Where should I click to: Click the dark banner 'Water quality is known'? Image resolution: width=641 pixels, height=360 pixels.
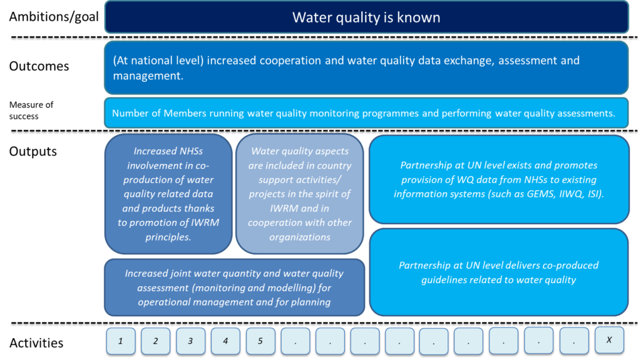(367, 17)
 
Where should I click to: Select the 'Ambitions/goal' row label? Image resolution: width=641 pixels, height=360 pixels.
(54, 17)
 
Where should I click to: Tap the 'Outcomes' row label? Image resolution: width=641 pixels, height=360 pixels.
(39, 66)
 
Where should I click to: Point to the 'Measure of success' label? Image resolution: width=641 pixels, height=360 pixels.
(31, 110)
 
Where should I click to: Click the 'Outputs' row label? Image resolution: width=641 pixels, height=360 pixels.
(33, 152)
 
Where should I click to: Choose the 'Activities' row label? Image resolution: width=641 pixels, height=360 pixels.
(36, 343)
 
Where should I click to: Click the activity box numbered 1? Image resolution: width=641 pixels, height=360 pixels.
(121, 341)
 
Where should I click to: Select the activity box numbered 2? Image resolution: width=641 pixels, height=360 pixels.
(155, 341)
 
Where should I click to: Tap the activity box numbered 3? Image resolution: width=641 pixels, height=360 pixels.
(190, 341)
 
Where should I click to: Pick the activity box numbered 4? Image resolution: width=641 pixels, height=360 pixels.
(225, 341)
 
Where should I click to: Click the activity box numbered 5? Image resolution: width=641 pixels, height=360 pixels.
(260, 341)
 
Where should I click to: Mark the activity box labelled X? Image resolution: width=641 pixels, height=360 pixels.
(609, 340)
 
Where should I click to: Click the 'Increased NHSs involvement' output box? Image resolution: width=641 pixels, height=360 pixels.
(168, 194)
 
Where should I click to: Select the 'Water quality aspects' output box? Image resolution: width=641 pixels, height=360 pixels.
(300, 194)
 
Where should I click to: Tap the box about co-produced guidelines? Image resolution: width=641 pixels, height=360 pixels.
(499, 272)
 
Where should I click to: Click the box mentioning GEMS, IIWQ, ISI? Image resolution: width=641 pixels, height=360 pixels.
(499, 180)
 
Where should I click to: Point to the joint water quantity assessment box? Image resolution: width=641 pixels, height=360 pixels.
(234, 287)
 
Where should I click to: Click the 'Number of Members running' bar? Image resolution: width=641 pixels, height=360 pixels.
(366, 113)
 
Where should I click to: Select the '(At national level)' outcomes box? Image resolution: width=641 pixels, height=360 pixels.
(366, 68)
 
